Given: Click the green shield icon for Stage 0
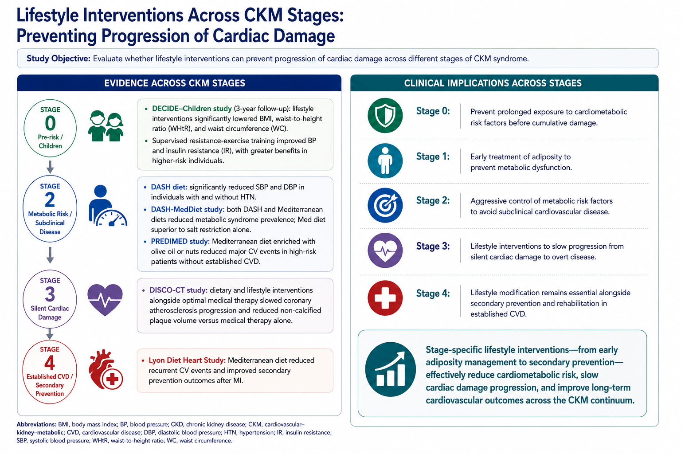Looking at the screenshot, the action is pyautogui.click(x=385, y=116).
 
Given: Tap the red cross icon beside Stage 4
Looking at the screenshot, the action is pyautogui.click(x=385, y=297).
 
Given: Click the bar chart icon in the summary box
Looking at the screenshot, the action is pyautogui.click(x=390, y=369).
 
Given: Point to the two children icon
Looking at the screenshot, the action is pyautogui.click(x=106, y=126).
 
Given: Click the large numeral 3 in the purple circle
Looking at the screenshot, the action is pyautogui.click(x=50, y=294).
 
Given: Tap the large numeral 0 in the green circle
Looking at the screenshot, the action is pyautogui.click(x=50, y=123).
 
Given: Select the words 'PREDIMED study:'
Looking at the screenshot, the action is pyautogui.click(x=180, y=242).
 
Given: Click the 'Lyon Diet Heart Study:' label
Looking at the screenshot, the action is pyautogui.click(x=187, y=360).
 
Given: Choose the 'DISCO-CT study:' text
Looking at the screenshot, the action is pyautogui.click(x=179, y=290).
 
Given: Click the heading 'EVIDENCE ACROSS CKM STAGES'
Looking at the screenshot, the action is pyautogui.click(x=175, y=83).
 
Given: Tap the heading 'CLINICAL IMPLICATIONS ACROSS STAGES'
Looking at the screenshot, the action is pyautogui.click(x=493, y=83).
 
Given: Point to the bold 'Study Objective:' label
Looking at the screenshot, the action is pyautogui.click(x=59, y=59).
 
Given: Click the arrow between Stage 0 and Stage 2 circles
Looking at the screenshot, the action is pyautogui.click(x=50, y=167).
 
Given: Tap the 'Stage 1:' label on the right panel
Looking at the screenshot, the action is pyautogui.click(x=433, y=157).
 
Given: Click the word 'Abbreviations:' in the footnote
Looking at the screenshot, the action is pyautogui.click(x=36, y=424).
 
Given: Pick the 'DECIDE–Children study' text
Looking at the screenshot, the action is pyautogui.click(x=192, y=109).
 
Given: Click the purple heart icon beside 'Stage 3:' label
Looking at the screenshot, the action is pyautogui.click(x=385, y=250).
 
